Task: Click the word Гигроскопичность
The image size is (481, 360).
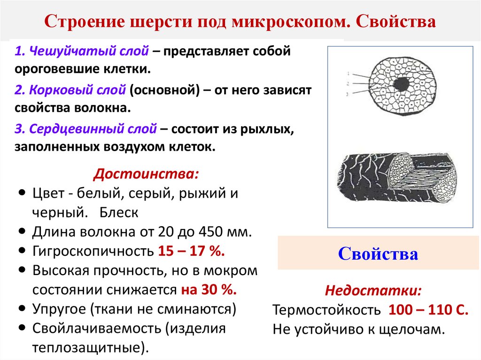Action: (93, 251)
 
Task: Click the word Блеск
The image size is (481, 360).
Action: (119, 212)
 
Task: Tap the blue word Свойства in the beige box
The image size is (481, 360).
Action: (378, 254)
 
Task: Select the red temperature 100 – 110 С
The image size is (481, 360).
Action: (428, 310)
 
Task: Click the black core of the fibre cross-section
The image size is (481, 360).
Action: (401, 84)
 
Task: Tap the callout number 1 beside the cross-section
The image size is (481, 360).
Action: (348, 74)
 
